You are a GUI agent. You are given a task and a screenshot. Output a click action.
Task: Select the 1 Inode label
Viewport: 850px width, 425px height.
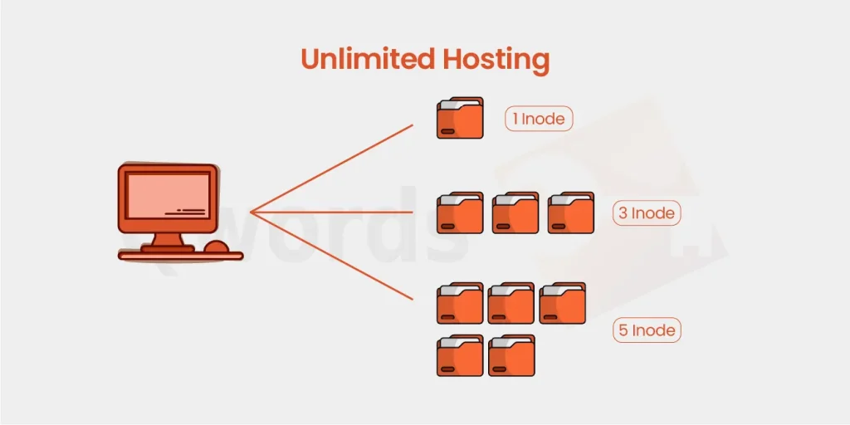coord(540,119)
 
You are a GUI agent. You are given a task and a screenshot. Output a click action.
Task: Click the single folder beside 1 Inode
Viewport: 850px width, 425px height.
coord(460,119)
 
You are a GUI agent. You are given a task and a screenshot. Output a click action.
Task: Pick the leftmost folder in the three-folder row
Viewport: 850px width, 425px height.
coord(460,213)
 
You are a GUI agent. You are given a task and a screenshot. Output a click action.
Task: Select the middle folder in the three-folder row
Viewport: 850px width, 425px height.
coord(515,213)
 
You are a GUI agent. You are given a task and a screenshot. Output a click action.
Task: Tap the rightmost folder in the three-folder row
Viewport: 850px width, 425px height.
coord(571,213)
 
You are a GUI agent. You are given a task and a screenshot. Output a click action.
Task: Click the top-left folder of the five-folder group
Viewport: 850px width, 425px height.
coord(460,303)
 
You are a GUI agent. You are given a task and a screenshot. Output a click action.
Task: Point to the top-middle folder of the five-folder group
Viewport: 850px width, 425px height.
coord(511,303)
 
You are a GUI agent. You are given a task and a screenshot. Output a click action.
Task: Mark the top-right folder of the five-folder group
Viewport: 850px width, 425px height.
coord(563,303)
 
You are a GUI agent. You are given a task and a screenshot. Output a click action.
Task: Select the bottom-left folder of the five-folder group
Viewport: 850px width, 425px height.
coord(460,355)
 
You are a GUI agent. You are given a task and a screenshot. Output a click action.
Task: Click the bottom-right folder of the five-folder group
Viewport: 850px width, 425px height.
coord(511,355)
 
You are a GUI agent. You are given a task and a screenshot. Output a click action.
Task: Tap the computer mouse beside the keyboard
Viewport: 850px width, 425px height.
coord(217,247)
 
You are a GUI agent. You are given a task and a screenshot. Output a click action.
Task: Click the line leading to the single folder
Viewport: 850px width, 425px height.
coord(332,169)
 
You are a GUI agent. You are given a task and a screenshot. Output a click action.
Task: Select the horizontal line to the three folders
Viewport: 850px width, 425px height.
coord(332,212)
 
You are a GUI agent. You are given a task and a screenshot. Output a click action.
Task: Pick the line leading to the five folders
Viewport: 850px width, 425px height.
coord(332,256)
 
